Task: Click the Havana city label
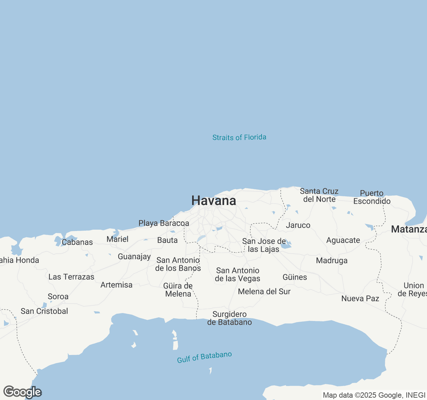click(x=213, y=201)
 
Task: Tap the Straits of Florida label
click(x=239, y=137)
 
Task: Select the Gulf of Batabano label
click(x=204, y=357)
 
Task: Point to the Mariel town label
click(x=117, y=239)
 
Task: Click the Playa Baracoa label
click(x=163, y=223)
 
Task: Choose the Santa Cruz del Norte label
click(x=319, y=195)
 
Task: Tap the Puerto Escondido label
click(x=372, y=197)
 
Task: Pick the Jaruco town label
click(x=298, y=225)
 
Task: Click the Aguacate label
click(x=343, y=240)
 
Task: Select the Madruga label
click(x=332, y=260)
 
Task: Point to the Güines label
click(x=295, y=277)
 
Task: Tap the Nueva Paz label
click(x=360, y=298)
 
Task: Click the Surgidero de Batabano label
click(x=230, y=318)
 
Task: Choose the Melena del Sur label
click(x=264, y=291)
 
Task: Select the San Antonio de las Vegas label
click(x=237, y=274)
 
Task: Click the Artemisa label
click(x=116, y=285)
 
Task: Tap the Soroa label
click(x=58, y=296)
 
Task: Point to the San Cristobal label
click(x=44, y=311)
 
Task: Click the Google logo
click(x=22, y=392)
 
